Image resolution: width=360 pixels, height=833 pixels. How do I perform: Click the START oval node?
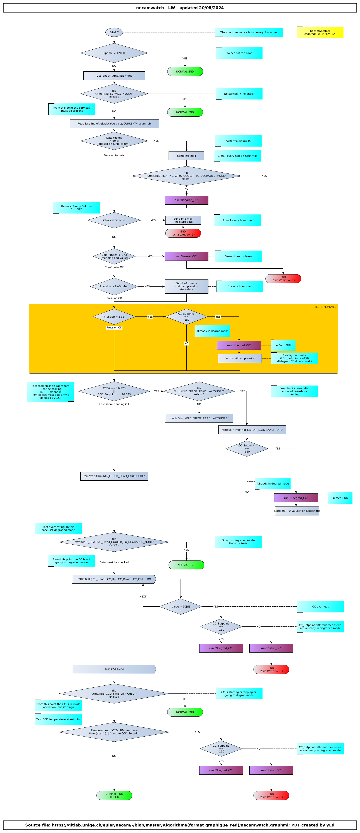(114, 32)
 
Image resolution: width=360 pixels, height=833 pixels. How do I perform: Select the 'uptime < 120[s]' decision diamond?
(114, 53)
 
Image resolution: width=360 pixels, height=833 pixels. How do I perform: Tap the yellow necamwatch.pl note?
(320, 32)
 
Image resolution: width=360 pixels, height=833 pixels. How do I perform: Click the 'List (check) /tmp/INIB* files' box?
(114, 76)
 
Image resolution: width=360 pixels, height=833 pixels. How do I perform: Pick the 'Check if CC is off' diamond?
(114, 220)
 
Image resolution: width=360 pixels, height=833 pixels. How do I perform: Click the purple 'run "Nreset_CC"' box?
(186, 256)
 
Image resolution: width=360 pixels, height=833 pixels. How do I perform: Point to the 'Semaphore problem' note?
(238, 256)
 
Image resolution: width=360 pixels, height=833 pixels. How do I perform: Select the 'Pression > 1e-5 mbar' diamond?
(114, 286)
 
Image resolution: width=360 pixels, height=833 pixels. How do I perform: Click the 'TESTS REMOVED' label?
(325, 307)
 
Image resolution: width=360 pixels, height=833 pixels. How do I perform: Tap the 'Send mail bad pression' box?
(240, 358)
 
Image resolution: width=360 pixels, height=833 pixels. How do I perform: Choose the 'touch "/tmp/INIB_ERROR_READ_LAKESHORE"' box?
(199, 418)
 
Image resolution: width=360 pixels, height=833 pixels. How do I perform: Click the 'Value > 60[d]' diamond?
(181, 607)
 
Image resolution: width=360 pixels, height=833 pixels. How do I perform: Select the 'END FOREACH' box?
(114, 669)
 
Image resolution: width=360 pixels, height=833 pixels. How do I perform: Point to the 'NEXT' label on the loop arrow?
(143, 597)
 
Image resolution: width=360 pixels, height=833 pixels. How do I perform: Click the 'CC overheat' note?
(320, 607)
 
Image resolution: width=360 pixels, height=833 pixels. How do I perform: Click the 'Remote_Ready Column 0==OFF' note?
(76, 208)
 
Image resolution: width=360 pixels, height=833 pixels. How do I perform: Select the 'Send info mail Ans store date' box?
(183, 220)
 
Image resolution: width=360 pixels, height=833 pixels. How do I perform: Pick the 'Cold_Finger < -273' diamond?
(114, 256)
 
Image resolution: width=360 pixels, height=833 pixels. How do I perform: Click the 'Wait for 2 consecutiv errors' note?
(294, 391)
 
